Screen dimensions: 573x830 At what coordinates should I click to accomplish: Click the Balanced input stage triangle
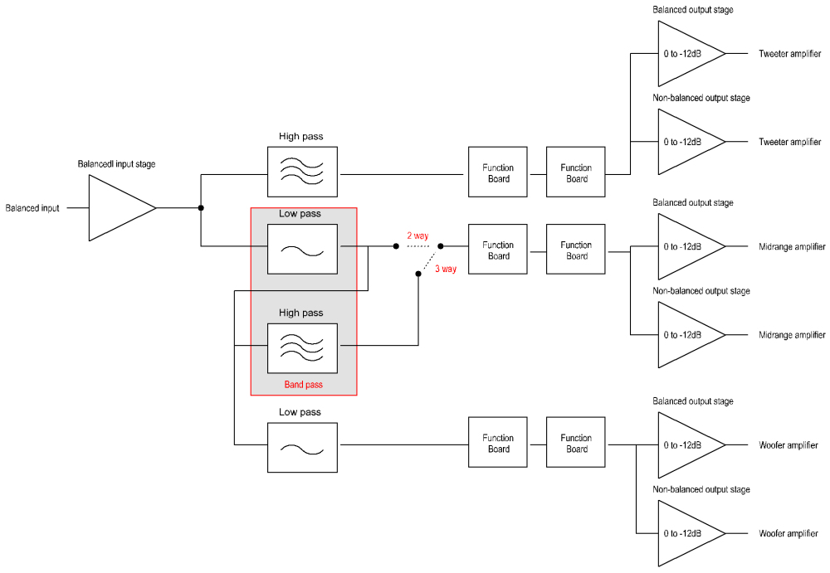(116, 208)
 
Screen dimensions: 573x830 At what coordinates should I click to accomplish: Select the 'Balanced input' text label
(32, 208)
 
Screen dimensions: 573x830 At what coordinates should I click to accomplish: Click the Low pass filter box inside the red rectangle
(302, 249)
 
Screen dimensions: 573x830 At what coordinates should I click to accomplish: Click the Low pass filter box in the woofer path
(302, 448)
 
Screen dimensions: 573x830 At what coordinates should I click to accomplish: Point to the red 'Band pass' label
(304, 385)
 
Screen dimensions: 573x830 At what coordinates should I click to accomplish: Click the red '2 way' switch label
(417, 236)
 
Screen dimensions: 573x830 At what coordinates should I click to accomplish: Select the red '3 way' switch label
(446, 269)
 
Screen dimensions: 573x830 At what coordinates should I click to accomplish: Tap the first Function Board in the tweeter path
(498, 173)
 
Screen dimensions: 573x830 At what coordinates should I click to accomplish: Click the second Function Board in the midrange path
(576, 250)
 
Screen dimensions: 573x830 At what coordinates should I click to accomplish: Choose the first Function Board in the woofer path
(498, 444)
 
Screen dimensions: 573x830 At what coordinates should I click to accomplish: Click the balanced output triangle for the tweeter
(686, 54)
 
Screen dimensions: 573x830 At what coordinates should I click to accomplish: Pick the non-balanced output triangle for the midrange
(686, 335)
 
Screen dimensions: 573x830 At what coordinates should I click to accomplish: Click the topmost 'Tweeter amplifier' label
(789, 54)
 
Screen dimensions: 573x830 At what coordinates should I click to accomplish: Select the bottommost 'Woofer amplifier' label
(789, 533)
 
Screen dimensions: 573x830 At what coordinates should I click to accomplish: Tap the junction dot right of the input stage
(201, 208)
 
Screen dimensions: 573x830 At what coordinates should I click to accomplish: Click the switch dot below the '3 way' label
(418, 273)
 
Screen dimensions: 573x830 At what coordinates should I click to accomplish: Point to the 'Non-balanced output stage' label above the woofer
(701, 490)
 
